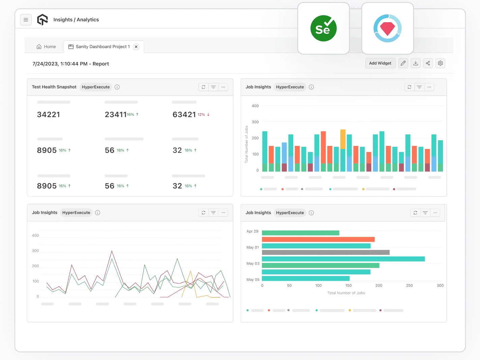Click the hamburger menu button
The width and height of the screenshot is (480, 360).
point(26,20)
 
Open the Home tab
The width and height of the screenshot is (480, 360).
point(46,47)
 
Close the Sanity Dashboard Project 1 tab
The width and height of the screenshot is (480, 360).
point(136,47)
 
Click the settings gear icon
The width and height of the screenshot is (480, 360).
point(440,63)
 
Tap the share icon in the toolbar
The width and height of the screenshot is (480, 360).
point(428,63)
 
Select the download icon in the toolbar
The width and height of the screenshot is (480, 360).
point(416,63)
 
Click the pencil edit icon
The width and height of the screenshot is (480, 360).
point(403,63)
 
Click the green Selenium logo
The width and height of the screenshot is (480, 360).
point(323,29)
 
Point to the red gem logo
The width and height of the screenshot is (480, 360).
point(387,29)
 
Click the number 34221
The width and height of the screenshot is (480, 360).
point(49,115)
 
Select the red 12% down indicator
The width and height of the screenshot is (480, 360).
point(204,115)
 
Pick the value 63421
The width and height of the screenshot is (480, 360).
point(184,115)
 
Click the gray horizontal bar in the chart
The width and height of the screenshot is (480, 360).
point(325,252)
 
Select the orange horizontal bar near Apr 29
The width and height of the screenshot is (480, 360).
point(318,239)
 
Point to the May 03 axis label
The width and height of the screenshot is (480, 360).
point(253,264)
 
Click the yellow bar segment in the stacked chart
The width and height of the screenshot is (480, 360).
point(343,139)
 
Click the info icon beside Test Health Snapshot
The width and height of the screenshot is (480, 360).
point(117,87)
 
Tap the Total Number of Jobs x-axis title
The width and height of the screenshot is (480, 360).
point(346,293)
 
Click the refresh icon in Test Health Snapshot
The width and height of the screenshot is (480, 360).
point(204,87)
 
